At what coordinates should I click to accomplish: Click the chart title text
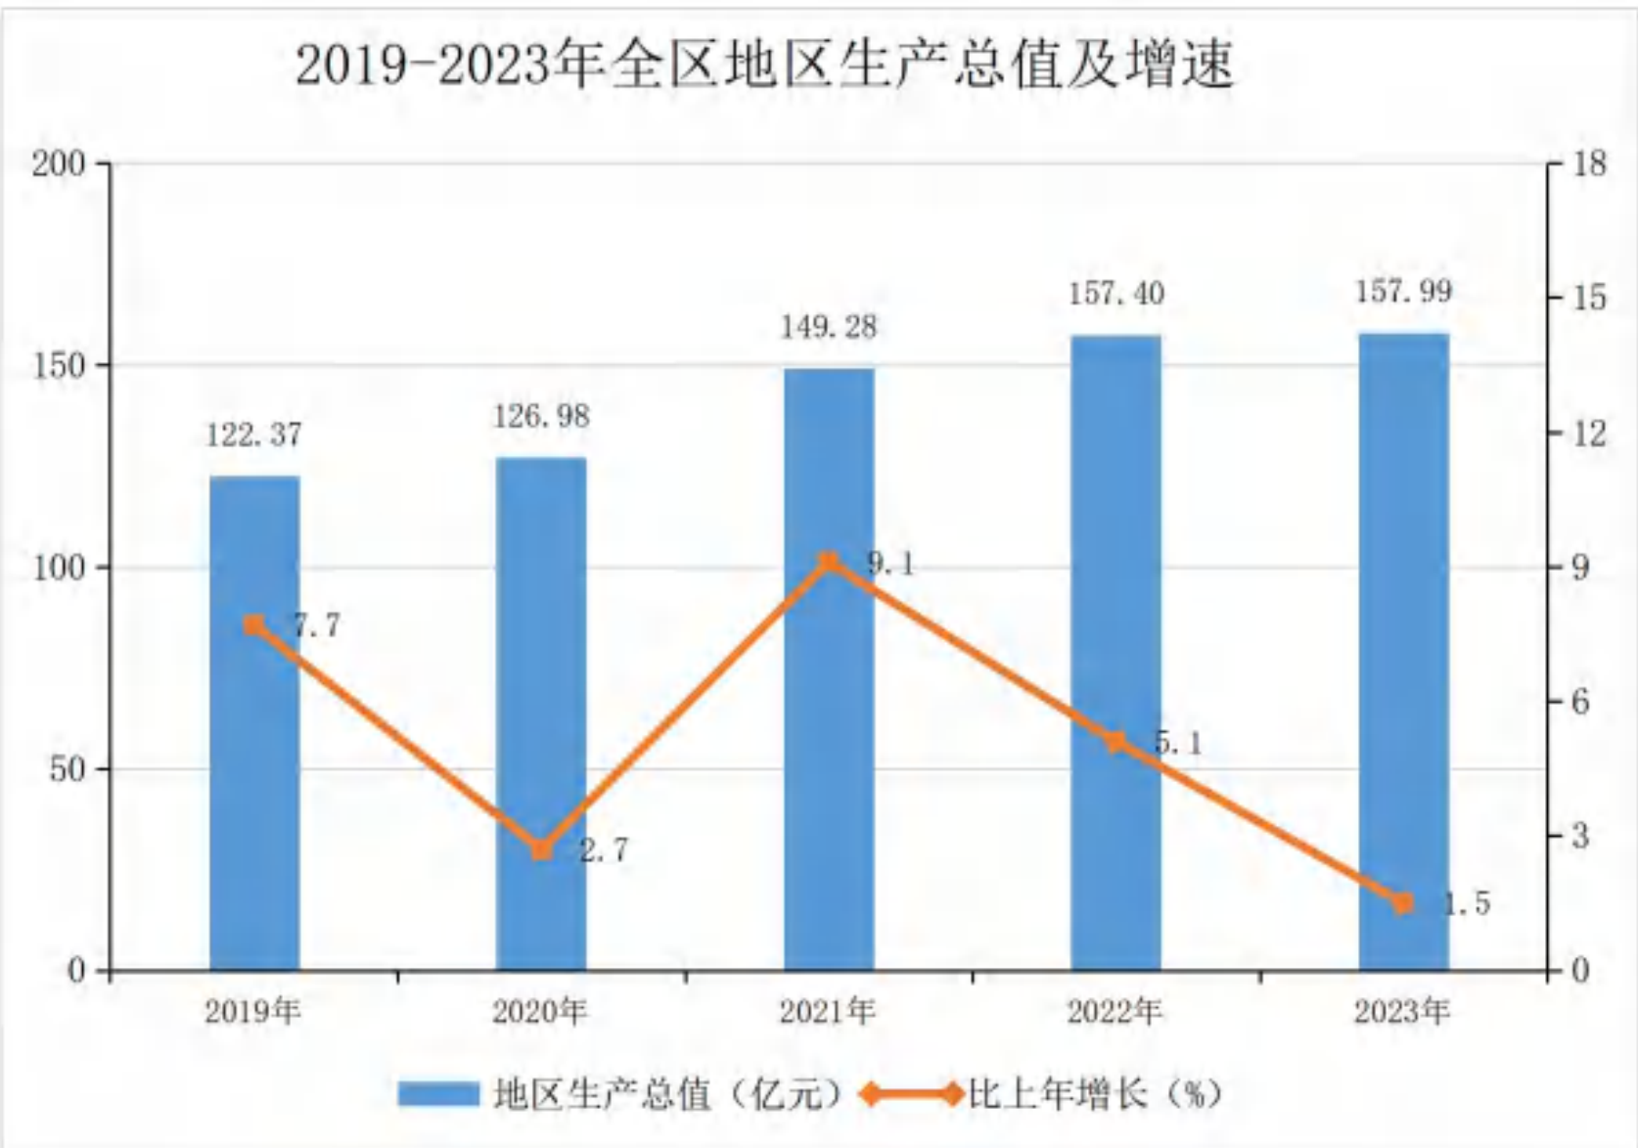tap(765, 65)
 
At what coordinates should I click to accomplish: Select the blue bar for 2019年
tap(254, 723)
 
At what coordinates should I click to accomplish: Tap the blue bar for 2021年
tap(829, 669)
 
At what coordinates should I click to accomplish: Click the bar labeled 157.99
tap(1404, 652)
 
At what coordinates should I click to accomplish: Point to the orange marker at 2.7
tap(541, 850)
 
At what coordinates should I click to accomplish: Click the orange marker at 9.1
tap(829, 563)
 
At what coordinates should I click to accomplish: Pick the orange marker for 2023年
tap(1403, 903)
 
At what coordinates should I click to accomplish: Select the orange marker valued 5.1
tap(1115, 742)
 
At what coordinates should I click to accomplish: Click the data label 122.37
tap(253, 436)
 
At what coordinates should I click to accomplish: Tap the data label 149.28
tap(829, 328)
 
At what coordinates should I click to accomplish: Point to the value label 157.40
tap(1116, 294)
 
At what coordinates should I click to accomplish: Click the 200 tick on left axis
tap(60, 163)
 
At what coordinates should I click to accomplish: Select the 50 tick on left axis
tap(68, 769)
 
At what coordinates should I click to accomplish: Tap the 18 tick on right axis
tap(1590, 163)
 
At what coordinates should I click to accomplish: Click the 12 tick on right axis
tap(1590, 433)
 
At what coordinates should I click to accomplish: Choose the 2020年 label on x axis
tap(540, 1013)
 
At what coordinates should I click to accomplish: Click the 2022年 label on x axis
tap(1115, 1013)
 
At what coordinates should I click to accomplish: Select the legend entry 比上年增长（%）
tap(1043, 1095)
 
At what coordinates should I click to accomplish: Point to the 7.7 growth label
tap(317, 626)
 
